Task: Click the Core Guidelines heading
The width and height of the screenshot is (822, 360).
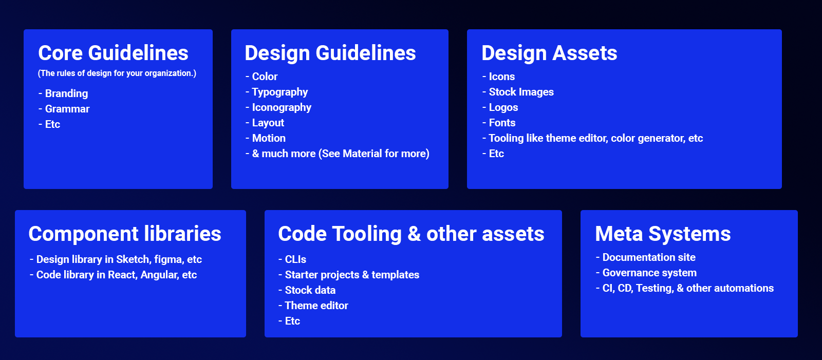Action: (113, 53)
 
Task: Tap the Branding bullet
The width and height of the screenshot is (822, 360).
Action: (66, 93)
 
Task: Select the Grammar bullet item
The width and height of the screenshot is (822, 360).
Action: (67, 109)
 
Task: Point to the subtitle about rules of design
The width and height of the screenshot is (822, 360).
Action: (117, 73)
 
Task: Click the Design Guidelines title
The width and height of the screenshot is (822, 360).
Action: (330, 53)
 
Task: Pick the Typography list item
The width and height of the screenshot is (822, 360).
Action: (279, 92)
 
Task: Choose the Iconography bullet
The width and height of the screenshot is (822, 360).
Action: (282, 107)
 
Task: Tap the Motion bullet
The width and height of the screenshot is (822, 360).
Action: (269, 138)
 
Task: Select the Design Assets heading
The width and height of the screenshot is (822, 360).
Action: (549, 53)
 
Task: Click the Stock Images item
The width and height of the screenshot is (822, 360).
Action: (521, 92)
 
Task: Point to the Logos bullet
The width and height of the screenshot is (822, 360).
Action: (503, 107)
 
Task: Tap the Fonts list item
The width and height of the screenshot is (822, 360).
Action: (502, 123)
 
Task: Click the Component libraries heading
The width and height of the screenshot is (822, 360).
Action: (125, 234)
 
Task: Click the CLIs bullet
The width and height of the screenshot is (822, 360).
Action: (295, 259)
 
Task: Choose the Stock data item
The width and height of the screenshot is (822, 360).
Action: (310, 290)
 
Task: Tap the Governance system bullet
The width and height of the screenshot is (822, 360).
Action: (649, 273)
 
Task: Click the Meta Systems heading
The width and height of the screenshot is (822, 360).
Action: (663, 234)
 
